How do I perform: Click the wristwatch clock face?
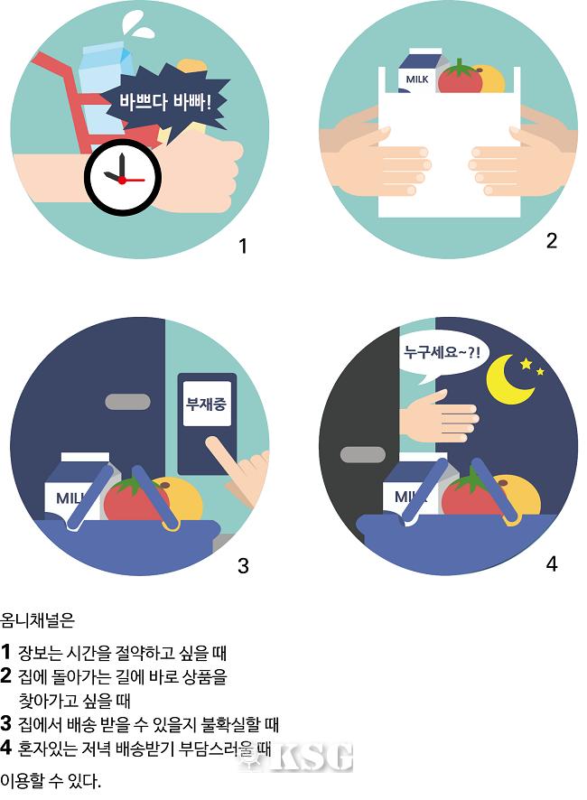[x=123, y=177]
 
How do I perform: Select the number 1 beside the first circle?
[x=243, y=246]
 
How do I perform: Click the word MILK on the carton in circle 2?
[x=417, y=79]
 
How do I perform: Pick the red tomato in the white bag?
[x=460, y=78]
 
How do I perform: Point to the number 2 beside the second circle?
[x=551, y=240]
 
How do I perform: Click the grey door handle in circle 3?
[x=127, y=402]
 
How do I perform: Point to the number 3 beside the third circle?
[x=243, y=565]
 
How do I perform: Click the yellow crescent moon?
[x=507, y=380]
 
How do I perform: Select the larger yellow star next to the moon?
[x=526, y=363]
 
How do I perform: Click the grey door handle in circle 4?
[x=362, y=454]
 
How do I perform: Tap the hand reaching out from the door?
[x=439, y=416]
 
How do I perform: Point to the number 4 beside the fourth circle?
[x=551, y=563]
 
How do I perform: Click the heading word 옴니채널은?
[x=37, y=619]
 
